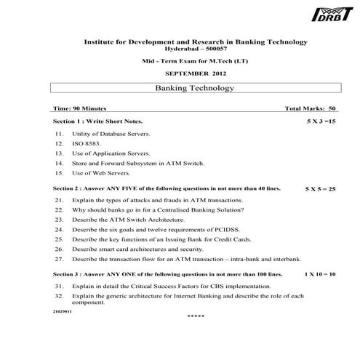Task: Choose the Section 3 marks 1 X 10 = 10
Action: [319, 274]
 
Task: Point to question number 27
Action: [59, 259]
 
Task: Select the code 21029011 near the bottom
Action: [63, 311]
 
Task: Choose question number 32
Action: [59, 297]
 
